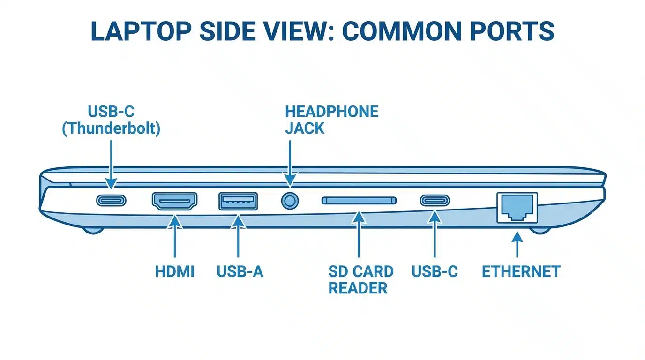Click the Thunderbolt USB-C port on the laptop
click(x=111, y=201)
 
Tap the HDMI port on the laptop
click(x=174, y=201)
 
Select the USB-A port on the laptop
click(x=238, y=201)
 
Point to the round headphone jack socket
click(x=290, y=201)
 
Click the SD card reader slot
click(x=359, y=201)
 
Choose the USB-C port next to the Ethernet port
click(x=435, y=201)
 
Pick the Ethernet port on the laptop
click(x=517, y=207)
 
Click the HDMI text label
click(x=174, y=271)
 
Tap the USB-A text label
click(x=240, y=271)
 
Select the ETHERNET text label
click(x=521, y=271)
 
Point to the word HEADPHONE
click(x=331, y=112)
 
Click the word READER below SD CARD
click(x=358, y=288)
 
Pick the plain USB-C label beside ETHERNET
click(x=435, y=271)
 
